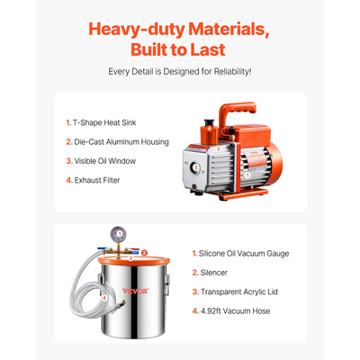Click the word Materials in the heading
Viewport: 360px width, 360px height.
point(229,30)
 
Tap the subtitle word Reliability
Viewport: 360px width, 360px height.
point(232,72)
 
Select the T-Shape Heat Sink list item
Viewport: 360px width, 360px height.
point(101,122)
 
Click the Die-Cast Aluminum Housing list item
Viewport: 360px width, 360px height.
point(117,142)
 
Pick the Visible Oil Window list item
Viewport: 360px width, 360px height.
point(101,161)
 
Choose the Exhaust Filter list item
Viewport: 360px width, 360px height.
point(93,180)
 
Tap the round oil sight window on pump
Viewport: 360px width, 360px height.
point(194,167)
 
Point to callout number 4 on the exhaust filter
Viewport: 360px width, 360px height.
point(209,129)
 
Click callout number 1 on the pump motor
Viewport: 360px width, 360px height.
point(247,175)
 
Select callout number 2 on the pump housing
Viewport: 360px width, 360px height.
point(219,148)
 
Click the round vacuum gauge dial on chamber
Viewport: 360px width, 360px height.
point(120,233)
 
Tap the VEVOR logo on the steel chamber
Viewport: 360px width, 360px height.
point(135,291)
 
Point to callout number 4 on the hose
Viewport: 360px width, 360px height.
point(104,298)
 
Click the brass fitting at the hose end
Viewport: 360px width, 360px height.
point(121,302)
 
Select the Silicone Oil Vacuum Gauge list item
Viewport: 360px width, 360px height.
point(240,254)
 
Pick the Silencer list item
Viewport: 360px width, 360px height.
point(210,273)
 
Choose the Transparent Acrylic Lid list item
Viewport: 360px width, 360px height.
point(235,292)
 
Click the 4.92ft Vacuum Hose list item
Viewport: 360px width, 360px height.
point(231,311)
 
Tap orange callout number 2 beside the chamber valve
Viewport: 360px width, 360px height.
point(144,253)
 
